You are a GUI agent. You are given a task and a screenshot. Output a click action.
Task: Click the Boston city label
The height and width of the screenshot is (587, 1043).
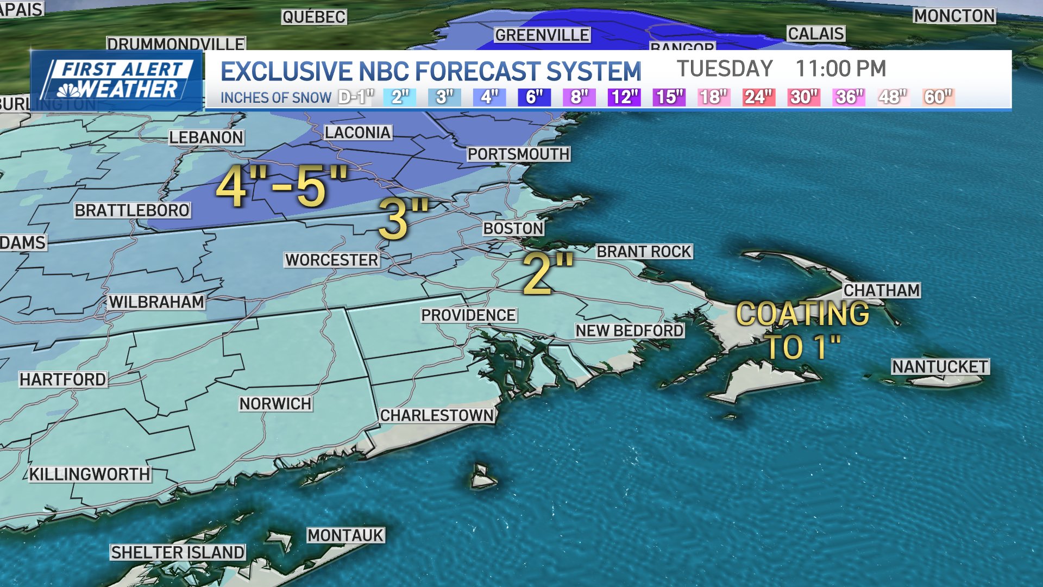tap(513, 228)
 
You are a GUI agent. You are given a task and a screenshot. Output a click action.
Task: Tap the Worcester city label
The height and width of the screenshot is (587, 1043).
tap(331, 260)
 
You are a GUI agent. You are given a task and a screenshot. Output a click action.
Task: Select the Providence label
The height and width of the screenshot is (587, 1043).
tap(468, 315)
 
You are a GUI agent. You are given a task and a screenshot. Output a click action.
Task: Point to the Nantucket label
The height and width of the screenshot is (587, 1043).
tap(940, 367)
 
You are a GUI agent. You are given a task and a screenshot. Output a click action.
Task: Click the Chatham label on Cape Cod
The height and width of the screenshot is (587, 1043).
tap(881, 290)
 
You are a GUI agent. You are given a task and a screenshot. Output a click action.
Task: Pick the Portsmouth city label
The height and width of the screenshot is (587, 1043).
tap(518, 154)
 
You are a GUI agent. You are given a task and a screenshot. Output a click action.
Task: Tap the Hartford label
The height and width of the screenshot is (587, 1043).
tap(63, 379)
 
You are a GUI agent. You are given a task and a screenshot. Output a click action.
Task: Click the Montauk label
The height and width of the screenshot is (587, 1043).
tap(345, 535)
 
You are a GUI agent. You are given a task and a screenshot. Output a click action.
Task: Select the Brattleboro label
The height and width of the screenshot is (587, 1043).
tap(132, 210)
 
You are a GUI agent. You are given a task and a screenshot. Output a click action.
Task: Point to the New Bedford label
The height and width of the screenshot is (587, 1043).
tap(630, 330)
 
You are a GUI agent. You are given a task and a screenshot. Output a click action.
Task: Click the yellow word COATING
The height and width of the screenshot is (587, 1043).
tap(802, 314)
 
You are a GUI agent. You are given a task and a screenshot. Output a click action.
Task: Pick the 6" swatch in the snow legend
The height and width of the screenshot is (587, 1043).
tap(534, 97)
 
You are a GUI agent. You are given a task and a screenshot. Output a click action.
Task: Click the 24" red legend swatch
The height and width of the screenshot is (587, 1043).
tap(758, 97)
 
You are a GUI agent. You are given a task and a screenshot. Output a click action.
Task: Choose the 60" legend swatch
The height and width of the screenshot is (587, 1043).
tap(938, 97)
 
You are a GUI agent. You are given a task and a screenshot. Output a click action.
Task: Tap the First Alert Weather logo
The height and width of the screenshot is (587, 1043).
tap(117, 80)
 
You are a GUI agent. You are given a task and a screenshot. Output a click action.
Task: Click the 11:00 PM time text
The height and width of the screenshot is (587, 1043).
tap(840, 69)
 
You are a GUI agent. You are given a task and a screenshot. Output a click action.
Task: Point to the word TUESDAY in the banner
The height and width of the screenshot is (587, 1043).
tap(724, 69)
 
